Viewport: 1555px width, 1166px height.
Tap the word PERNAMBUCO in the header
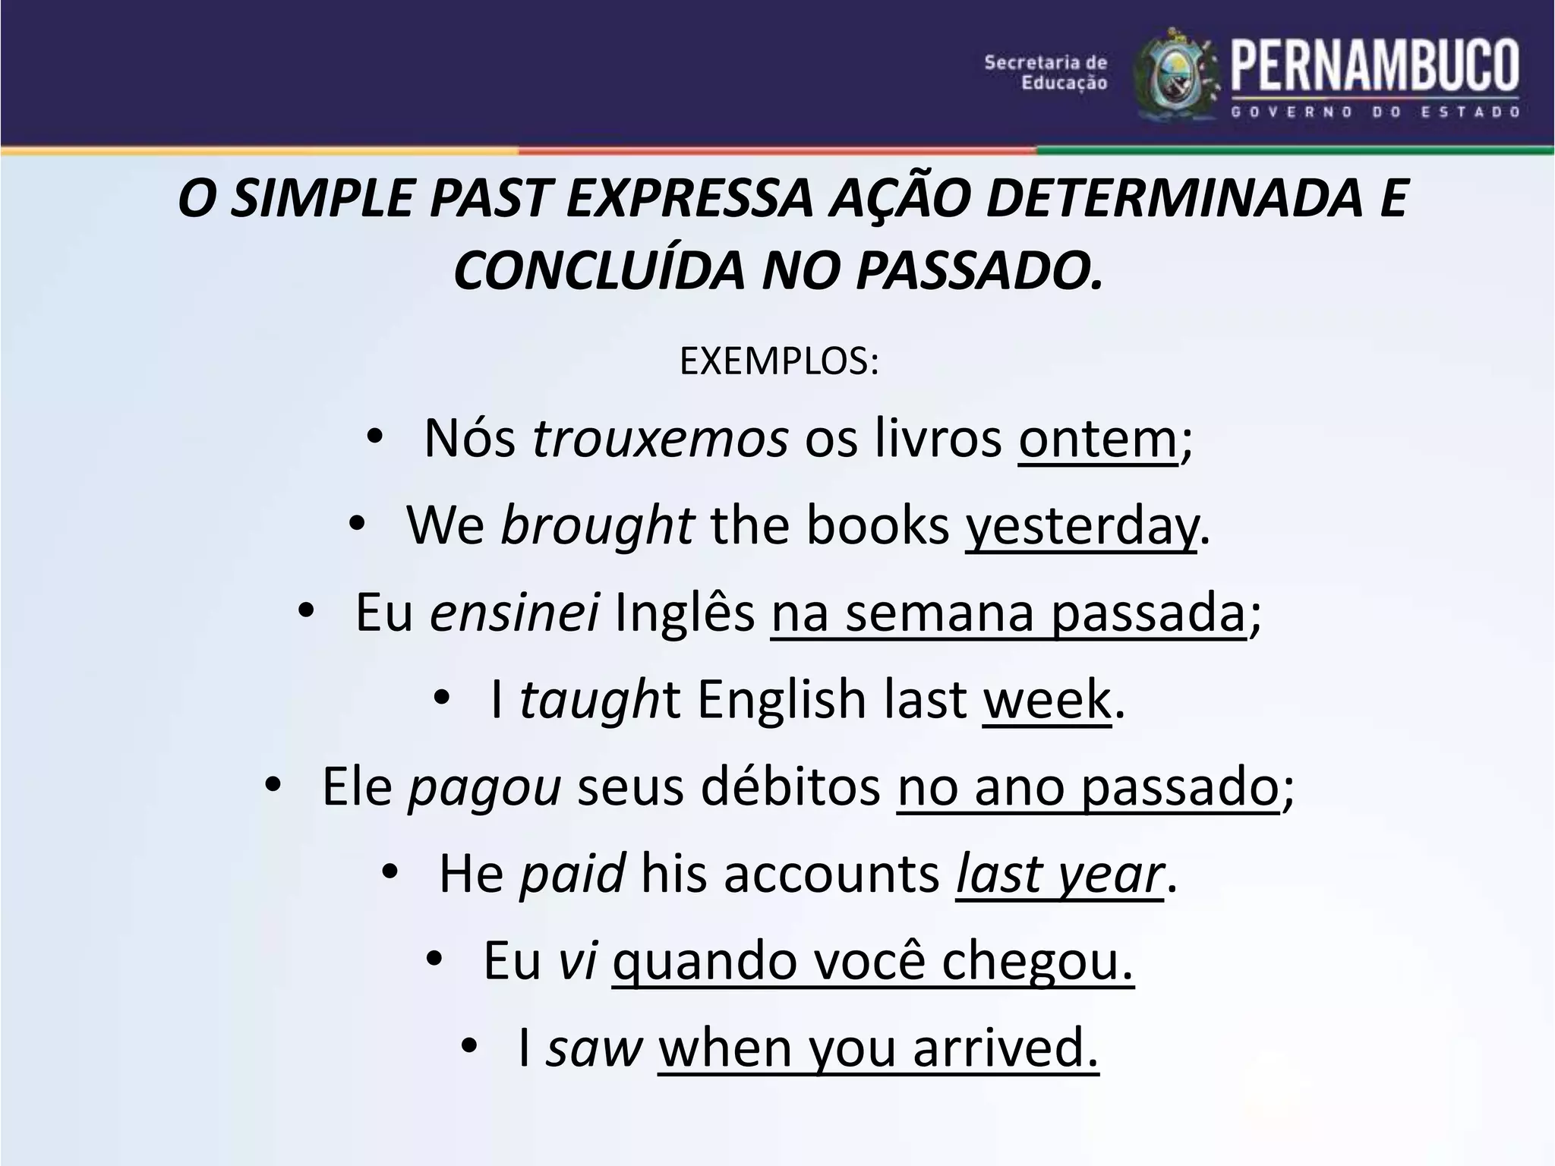pos(1374,66)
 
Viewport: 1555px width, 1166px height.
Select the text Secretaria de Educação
pos(1046,73)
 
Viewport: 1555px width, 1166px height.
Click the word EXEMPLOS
pos(778,361)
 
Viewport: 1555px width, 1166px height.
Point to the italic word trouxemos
pos(660,439)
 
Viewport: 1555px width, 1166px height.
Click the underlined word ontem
pos(1097,439)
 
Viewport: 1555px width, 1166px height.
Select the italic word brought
pos(597,525)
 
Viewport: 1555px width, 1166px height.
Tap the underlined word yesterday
pos(1081,525)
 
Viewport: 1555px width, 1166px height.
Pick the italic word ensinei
pos(515,613)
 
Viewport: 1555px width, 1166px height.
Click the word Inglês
pos(685,613)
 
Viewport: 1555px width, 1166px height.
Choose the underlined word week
pos(1046,699)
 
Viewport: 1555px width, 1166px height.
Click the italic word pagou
pos(484,786)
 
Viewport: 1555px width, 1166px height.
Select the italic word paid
pos(572,874)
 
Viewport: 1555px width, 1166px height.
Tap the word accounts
pos(831,874)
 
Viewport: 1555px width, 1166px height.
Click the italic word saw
pos(595,1048)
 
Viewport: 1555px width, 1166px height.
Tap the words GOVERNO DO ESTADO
pos(1374,112)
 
